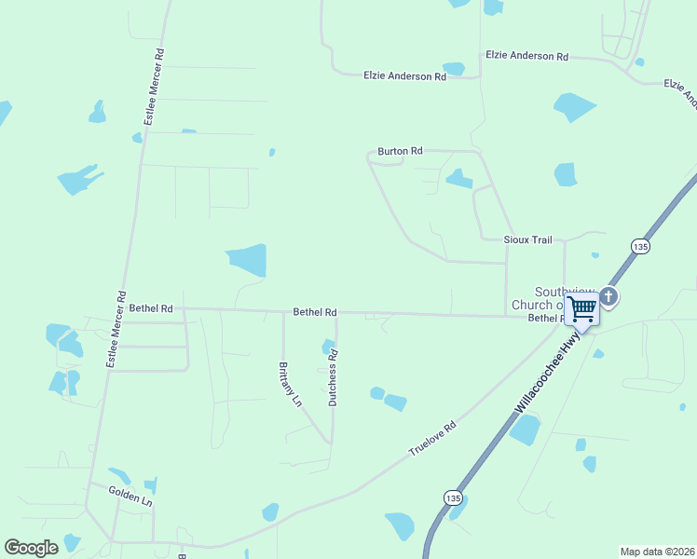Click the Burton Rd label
coord(400,150)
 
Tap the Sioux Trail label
coord(528,239)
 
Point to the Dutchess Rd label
coord(333,377)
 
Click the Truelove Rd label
coord(433,439)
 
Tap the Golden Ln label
coord(130,495)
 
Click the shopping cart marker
coord(582,307)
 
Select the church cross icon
coord(609,297)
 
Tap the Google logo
coord(32,548)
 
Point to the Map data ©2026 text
coord(658,552)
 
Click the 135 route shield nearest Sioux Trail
coord(639,246)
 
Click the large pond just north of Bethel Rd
coord(248,260)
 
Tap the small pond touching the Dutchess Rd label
coord(328,347)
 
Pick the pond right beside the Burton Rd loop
coord(458,178)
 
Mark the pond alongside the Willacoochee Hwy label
coord(526,429)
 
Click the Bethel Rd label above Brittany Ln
coord(315,312)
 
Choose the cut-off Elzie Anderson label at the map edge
coord(679,89)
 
